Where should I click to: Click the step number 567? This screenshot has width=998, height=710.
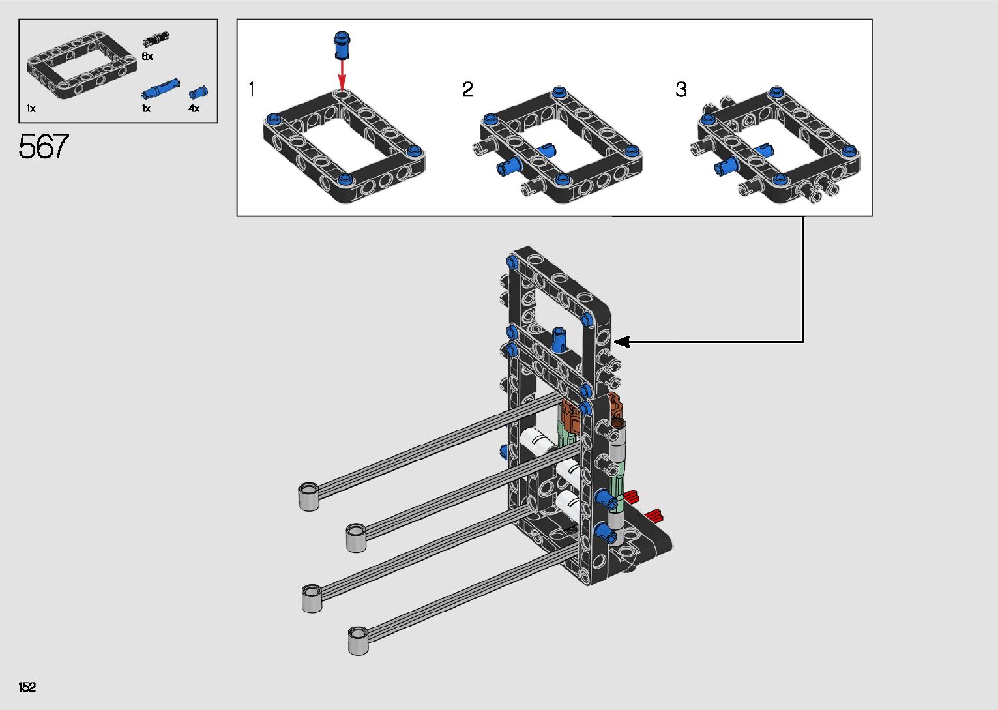(x=43, y=146)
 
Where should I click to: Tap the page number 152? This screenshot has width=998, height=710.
(x=27, y=687)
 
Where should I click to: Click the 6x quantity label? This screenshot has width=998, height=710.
(x=147, y=56)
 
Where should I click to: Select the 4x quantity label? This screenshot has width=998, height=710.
(x=194, y=108)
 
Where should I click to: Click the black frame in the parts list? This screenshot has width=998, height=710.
(x=81, y=71)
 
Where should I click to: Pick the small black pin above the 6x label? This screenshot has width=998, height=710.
(x=156, y=38)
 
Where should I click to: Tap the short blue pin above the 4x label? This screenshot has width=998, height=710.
(x=198, y=93)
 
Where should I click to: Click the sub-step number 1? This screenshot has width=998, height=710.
(x=252, y=89)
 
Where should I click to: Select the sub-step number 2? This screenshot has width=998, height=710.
(x=467, y=89)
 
